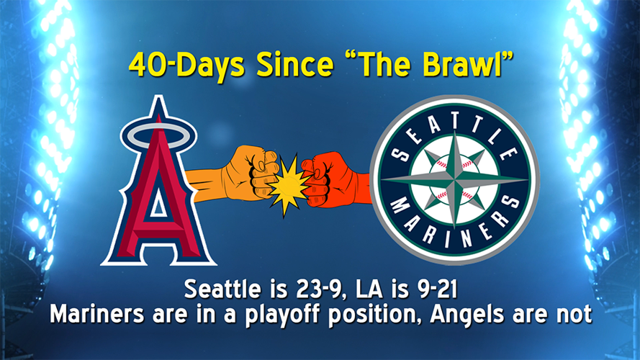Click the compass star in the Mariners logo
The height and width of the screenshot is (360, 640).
pos(454,180)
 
